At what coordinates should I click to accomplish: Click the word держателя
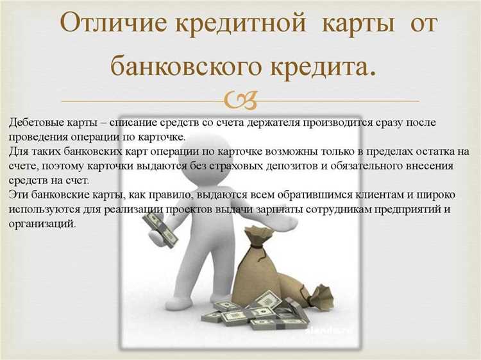tap(271, 122)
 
